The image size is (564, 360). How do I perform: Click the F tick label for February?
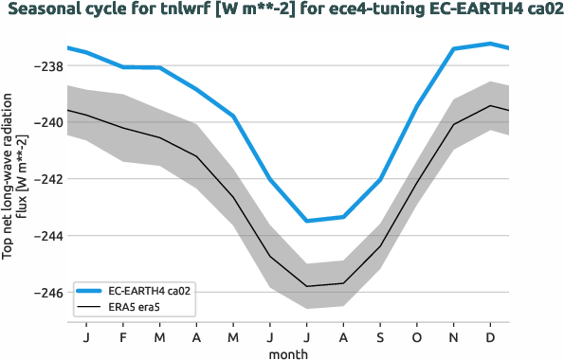pyautogui.click(x=123, y=337)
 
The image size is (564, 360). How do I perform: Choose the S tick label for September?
pyautogui.click(x=380, y=337)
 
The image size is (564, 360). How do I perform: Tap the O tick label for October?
pyautogui.click(x=416, y=337)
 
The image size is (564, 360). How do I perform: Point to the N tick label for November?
pyautogui.click(x=453, y=337)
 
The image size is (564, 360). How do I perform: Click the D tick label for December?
pyautogui.click(x=490, y=337)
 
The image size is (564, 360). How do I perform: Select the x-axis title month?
pyautogui.click(x=288, y=352)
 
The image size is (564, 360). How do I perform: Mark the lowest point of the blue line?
pyautogui.click(x=306, y=221)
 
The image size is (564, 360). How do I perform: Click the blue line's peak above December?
pyautogui.click(x=490, y=44)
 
